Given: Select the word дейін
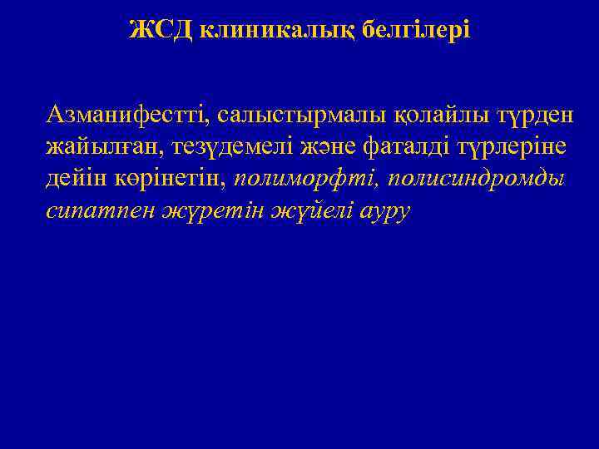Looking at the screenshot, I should pos(76,179).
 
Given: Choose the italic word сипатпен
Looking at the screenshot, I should pos(94,211).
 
